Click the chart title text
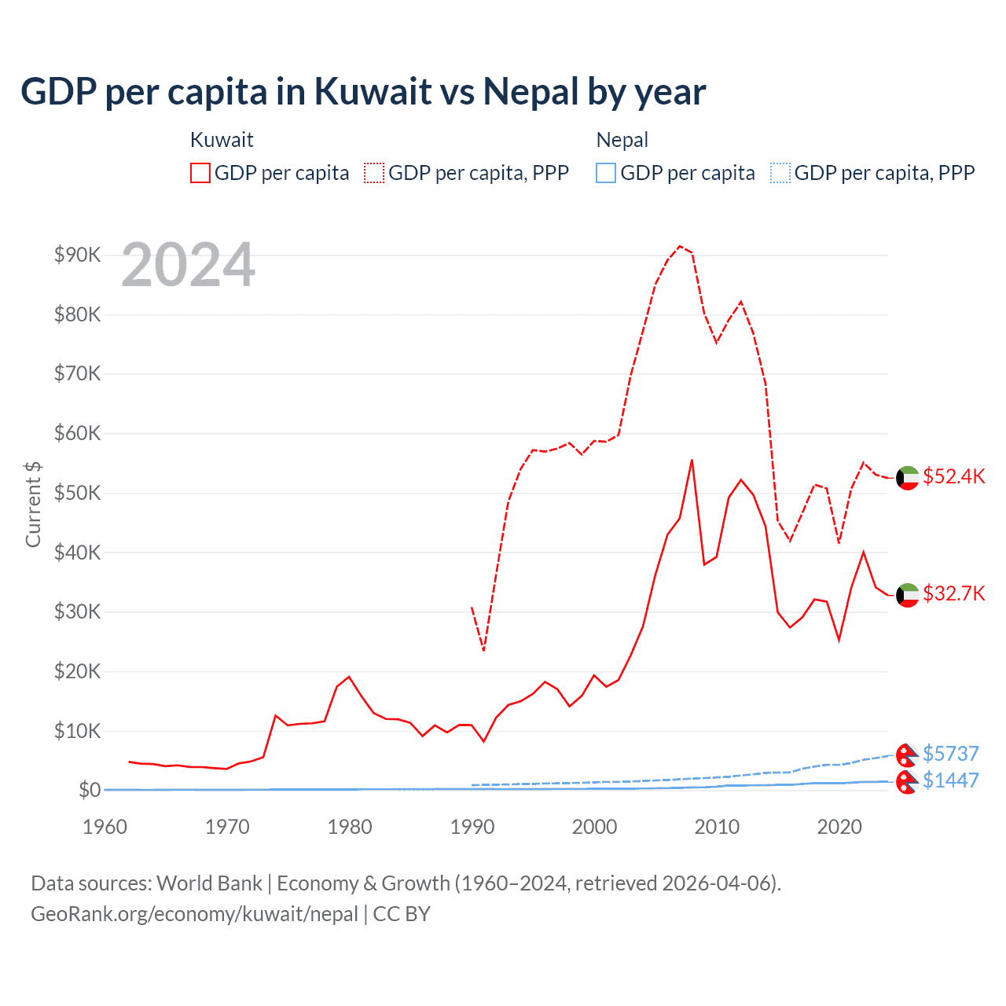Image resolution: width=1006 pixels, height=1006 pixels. (363, 92)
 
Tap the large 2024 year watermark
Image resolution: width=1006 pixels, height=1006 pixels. (189, 265)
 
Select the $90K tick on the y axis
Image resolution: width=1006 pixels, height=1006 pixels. (77, 255)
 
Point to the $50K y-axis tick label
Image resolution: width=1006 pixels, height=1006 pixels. (77, 493)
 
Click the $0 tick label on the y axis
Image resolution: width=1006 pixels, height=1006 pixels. (89, 790)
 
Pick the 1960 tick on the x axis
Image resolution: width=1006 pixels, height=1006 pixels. (105, 827)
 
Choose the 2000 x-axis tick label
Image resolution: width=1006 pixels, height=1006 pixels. (594, 827)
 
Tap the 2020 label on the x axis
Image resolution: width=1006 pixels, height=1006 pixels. (839, 827)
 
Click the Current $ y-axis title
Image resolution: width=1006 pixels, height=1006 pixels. (33, 504)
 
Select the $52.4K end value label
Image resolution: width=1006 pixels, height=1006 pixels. (953, 477)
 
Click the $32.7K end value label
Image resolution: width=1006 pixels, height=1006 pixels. (953, 593)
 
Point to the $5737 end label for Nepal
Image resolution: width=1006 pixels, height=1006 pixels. (950, 754)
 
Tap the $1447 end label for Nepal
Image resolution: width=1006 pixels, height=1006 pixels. (950, 780)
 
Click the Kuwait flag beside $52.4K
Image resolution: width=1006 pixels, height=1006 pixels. (908, 478)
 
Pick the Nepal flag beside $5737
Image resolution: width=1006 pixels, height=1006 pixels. (908, 754)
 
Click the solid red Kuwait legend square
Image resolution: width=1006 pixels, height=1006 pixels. (200, 173)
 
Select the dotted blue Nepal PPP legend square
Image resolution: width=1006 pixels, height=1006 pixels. (780, 173)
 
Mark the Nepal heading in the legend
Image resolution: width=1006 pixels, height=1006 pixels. (622, 140)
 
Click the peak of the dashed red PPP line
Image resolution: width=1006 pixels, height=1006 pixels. (681, 246)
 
